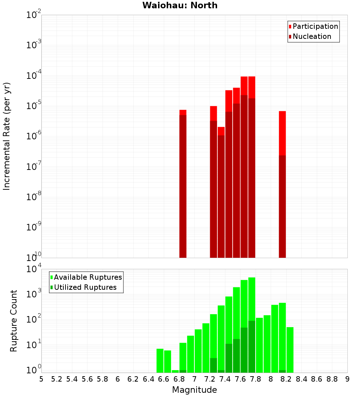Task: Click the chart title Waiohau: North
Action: (180, 5)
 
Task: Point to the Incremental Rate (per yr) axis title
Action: (7, 136)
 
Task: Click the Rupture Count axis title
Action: (14, 321)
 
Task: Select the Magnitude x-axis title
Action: (194, 390)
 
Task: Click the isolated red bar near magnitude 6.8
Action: (183, 184)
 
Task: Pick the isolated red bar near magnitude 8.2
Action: (282, 184)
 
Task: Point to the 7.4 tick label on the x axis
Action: (225, 379)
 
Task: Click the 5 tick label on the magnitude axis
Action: (41, 379)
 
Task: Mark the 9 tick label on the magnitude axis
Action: (347, 379)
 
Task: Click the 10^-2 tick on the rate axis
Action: (33, 15)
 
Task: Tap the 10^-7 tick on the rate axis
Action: (33, 167)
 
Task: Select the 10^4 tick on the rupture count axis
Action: (33, 269)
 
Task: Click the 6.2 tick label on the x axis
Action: (133, 379)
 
